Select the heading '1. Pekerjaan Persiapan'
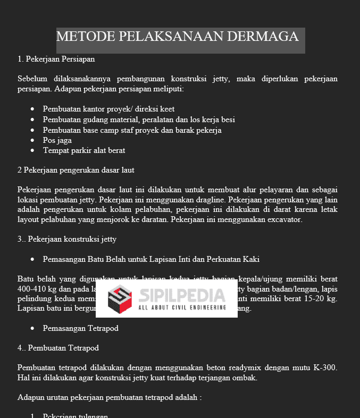[56, 58]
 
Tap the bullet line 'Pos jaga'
[57, 140]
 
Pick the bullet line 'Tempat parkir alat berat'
[84, 150]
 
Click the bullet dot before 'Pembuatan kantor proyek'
[33, 109]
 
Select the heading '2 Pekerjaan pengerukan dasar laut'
[76, 170]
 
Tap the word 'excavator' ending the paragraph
[284, 219]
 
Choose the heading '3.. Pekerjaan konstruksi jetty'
[66, 239]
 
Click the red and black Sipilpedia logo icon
[120, 299]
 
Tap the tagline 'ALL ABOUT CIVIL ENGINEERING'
[182, 308]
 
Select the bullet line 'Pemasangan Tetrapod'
[80, 328]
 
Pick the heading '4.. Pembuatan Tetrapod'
[58, 348]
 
